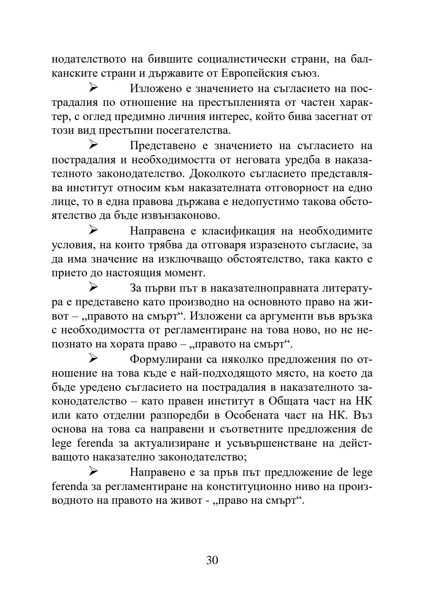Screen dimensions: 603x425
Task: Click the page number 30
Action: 212,560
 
